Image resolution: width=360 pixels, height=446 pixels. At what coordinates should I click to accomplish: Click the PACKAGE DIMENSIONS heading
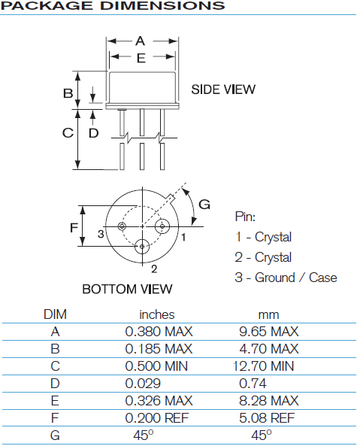pos(113,6)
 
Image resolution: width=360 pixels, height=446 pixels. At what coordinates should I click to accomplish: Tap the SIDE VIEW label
pos(223,90)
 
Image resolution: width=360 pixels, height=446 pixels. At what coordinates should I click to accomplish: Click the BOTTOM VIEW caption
pos(127,289)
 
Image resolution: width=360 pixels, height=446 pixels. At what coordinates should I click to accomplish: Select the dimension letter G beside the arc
pos(204,205)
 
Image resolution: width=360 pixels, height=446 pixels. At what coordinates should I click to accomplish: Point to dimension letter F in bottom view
pos(74,227)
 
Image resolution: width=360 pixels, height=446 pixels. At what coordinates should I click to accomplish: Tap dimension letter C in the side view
pos(68,132)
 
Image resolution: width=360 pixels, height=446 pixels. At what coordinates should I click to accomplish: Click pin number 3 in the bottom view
pos(100,234)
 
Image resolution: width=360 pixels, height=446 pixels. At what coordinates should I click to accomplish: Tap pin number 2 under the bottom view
pos(153,268)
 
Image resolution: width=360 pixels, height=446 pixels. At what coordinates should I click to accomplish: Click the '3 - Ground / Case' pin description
pos(286,278)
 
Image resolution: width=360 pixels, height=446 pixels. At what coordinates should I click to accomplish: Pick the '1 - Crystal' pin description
pos(263,237)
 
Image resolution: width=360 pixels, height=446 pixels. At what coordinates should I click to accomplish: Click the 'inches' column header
pos(156,314)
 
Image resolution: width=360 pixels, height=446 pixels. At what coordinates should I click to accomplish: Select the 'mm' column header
pos(268,314)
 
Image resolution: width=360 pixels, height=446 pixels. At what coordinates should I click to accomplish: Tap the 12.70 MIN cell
pos(268,366)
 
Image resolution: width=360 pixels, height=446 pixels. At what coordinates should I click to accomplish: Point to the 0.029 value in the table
pos(142,384)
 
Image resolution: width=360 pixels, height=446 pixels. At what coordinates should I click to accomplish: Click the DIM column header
pos(56,314)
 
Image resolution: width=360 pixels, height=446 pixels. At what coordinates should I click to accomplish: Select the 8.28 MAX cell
pos(268,402)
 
